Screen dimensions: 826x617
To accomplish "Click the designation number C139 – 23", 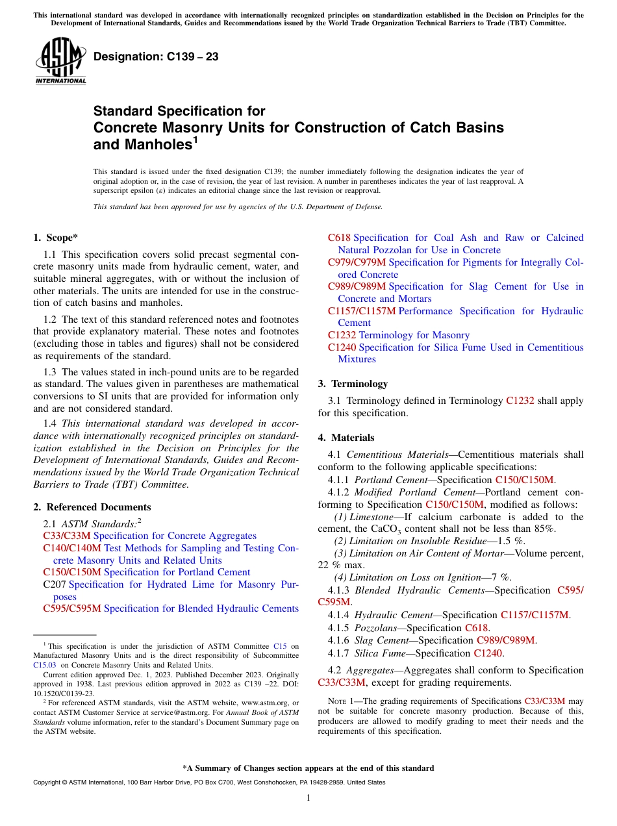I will coord(156,57).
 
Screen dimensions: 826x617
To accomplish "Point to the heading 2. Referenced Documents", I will coord(92,507).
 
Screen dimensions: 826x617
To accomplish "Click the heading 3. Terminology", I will coord(353,384).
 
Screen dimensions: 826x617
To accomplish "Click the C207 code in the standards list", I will coord(54,584).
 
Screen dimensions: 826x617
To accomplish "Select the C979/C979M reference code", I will coord(357,262).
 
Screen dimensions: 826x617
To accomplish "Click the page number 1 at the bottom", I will coord(308,797).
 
